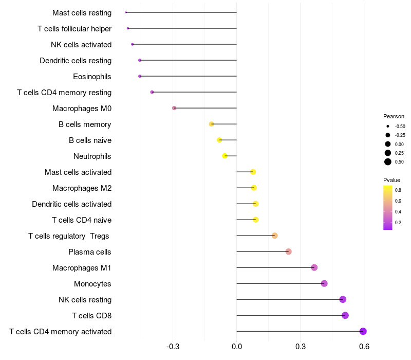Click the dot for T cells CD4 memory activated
pos(363,331)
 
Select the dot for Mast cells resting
pos(126,12)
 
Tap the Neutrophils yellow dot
pos(225,156)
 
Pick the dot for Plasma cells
pos(289,251)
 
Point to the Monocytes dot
pos(324,283)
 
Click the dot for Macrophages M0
pos(174,108)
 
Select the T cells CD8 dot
pos(345,315)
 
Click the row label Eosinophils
pos(92,77)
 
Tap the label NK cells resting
pos(85,300)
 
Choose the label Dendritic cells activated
pos(72,204)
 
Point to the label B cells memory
pos(85,124)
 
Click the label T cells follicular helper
pos(74,29)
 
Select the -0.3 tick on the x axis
pos(173,347)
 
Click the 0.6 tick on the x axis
pos(364,347)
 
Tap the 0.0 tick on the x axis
pos(237,347)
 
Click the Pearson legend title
pos(394,116)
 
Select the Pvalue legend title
pos(392,180)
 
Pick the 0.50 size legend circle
pos(388,162)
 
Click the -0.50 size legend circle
pos(388,126)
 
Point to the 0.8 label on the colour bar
pos(398,190)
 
